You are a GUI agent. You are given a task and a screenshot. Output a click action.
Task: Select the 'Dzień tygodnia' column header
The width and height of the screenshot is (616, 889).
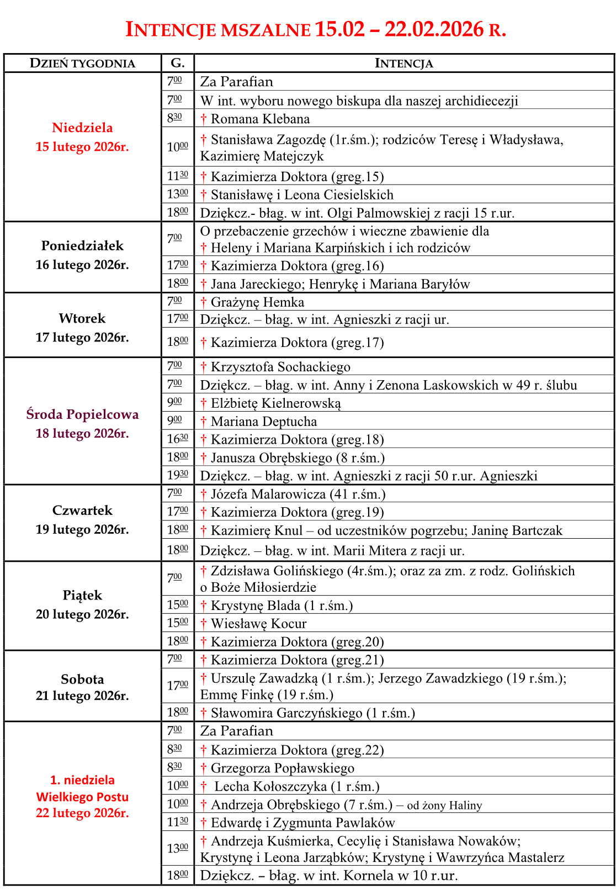click(x=82, y=63)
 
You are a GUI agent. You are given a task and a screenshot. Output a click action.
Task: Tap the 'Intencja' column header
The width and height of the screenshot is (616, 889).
click(x=403, y=63)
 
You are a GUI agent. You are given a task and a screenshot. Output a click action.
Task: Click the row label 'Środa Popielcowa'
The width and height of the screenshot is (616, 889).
click(x=82, y=414)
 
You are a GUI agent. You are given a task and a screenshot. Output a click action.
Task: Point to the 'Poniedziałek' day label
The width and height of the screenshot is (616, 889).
click(x=82, y=246)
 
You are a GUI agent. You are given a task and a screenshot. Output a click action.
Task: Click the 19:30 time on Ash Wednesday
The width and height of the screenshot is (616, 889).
click(x=177, y=475)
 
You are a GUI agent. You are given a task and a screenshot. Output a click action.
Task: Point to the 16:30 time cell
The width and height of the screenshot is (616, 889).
click(x=177, y=439)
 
